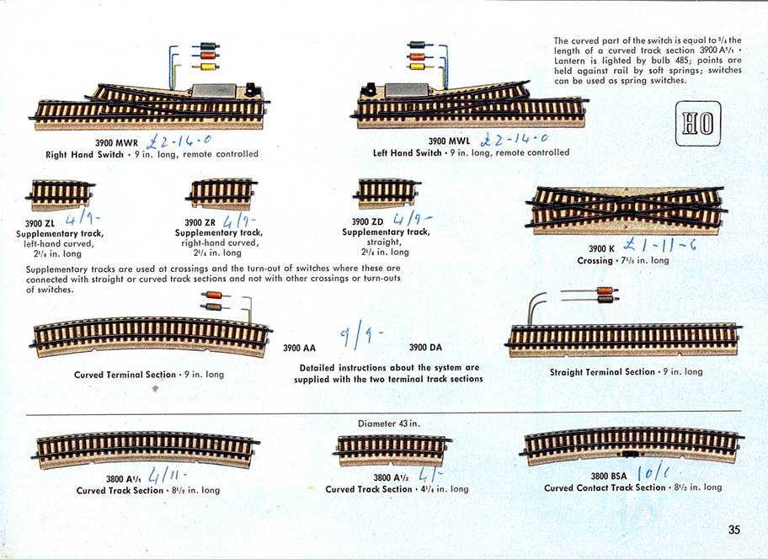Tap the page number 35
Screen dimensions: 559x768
(x=734, y=530)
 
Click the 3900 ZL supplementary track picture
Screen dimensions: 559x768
(x=61, y=194)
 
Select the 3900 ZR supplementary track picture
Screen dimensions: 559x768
(x=221, y=194)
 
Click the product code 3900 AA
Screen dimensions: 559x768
(x=299, y=348)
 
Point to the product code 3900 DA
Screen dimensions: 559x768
(x=425, y=348)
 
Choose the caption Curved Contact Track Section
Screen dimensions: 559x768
(x=605, y=487)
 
